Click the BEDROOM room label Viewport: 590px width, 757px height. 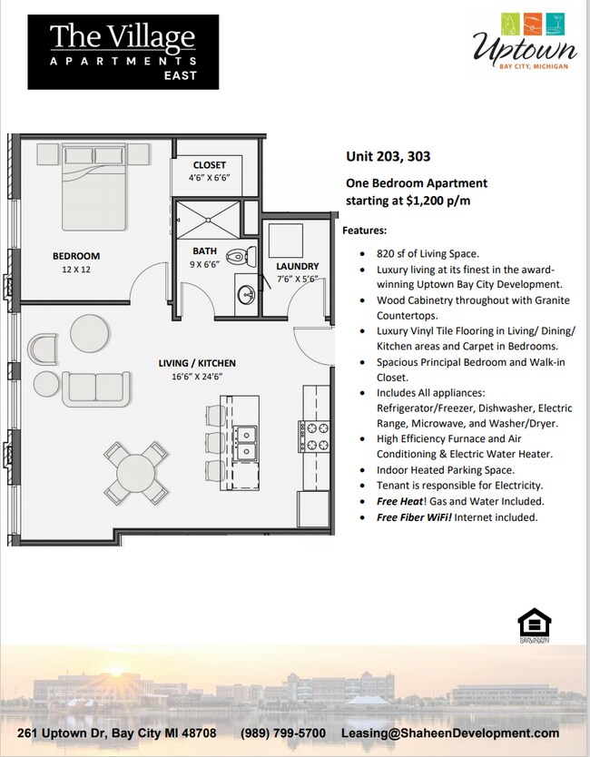[x=76, y=256]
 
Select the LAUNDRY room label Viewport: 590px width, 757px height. [x=297, y=266]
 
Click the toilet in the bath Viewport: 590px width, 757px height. [x=237, y=257]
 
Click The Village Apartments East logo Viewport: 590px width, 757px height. [x=123, y=51]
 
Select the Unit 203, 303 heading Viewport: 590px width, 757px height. [x=388, y=154]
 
